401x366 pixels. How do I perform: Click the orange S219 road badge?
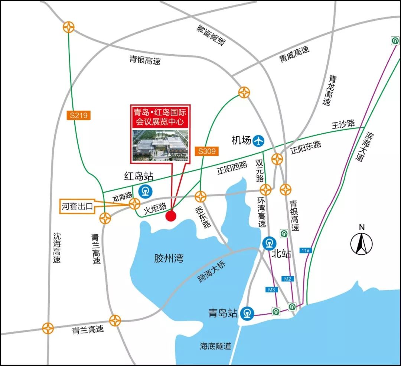coord(78,115)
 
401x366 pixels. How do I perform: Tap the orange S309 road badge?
coord(206,151)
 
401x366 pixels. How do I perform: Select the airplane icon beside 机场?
coord(258,141)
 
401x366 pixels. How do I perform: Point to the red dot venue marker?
coord(170,216)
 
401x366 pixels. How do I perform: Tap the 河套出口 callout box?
coord(77,206)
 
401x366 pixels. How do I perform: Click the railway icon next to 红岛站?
coord(144,191)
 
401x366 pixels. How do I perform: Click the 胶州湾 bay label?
coord(169,258)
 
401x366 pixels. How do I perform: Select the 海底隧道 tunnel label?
coord(215,346)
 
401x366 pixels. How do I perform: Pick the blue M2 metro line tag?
coord(287,278)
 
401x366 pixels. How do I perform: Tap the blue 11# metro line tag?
coord(305,251)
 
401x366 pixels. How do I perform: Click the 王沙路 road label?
coord(343,125)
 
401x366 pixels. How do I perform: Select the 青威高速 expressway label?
coord(294,54)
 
